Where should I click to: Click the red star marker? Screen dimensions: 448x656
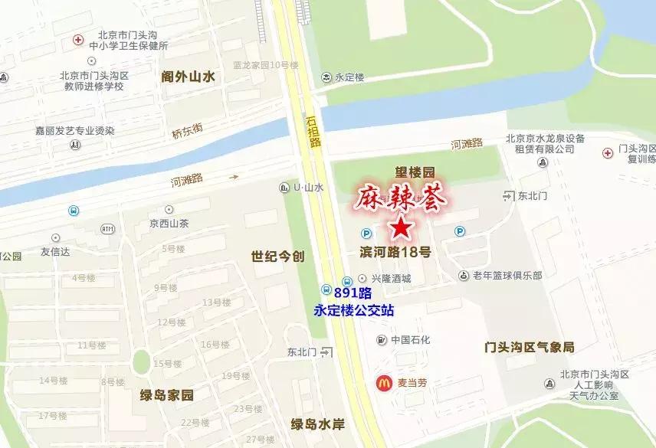coord(401,227)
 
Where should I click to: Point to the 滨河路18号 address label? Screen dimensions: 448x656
coord(395,252)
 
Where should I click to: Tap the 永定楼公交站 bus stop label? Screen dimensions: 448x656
coord(354,310)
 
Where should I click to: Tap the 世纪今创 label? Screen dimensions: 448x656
coord(277,257)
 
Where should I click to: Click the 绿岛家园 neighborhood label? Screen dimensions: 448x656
coord(167,396)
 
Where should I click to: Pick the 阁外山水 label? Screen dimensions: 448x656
coord(188,76)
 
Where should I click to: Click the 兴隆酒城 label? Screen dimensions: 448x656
coord(391,279)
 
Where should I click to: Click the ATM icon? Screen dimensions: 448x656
coord(107,229)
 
